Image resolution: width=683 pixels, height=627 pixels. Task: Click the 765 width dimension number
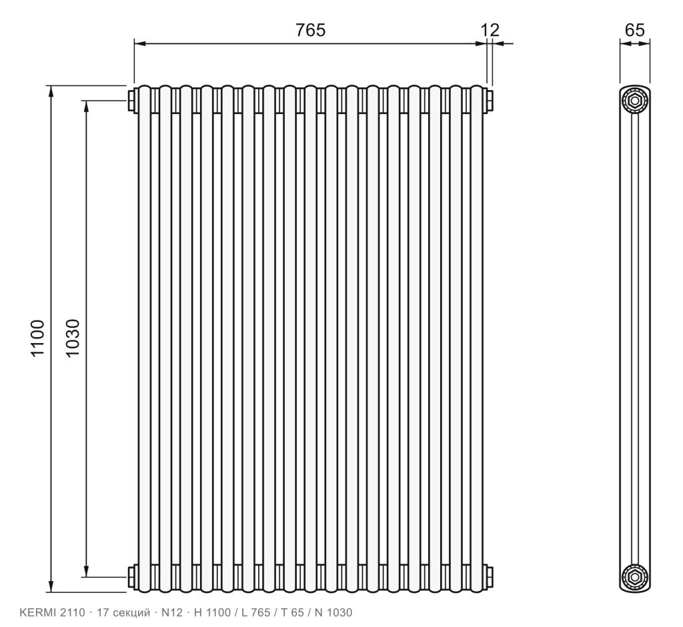tap(310, 30)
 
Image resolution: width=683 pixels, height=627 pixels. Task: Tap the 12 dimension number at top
tap(490, 30)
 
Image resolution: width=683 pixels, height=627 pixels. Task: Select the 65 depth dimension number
tap(634, 30)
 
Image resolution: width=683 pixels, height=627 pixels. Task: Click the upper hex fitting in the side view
tap(635, 101)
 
